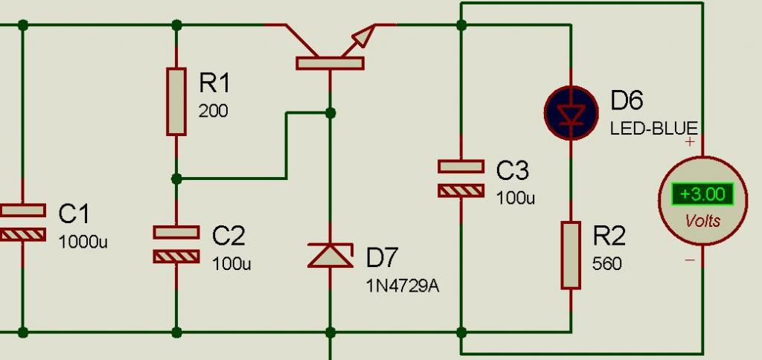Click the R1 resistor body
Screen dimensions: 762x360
coord(176,102)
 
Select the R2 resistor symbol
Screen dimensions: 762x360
coord(571,255)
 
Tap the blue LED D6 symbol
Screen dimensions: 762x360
coord(571,113)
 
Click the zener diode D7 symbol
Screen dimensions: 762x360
coord(330,256)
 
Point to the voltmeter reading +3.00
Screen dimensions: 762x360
coord(702,194)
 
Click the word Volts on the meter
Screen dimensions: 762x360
coord(702,222)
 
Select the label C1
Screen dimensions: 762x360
coord(74,213)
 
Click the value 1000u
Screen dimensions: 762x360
coord(83,242)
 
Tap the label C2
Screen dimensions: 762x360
coord(228,236)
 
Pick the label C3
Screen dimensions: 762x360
coord(513,171)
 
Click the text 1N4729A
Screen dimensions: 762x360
coord(403,286)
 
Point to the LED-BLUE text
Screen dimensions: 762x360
coord(654,129)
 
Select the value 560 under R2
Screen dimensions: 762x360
coord(607,264)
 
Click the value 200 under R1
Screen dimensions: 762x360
coord(213,112)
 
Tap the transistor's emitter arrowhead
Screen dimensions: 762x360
coord(364,36)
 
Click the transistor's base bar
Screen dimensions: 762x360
coord(330,63)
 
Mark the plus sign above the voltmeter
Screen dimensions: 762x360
coord(689,142)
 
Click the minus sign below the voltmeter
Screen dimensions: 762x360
coord(690,260)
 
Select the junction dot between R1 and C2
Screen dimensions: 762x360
coord(176,179)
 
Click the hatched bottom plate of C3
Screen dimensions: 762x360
coord(461,191)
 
